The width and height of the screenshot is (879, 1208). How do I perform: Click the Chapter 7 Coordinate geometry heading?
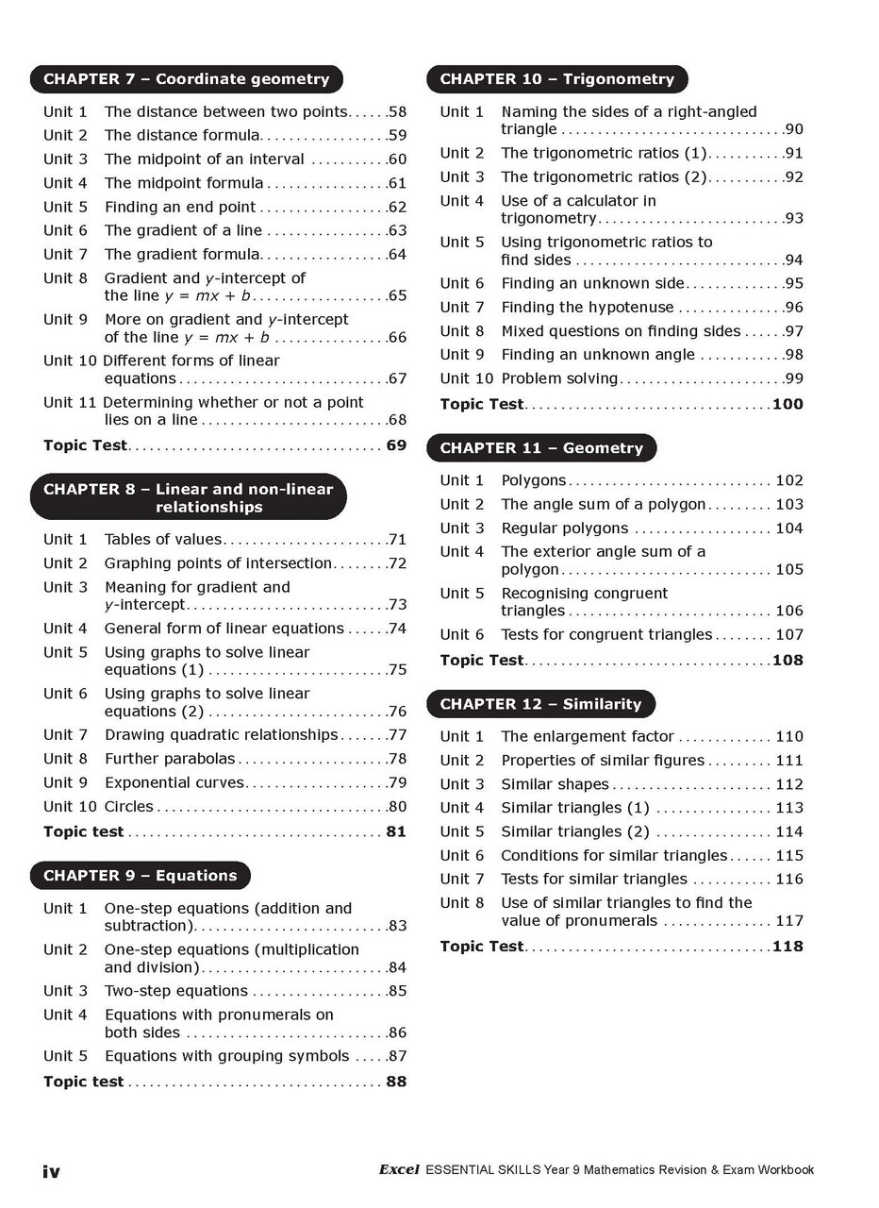click(x=187, y=79)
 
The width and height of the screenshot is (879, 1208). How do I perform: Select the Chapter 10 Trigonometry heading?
click(x=556, y=79)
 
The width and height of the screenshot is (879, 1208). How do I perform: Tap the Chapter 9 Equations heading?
click(x=141, y=876)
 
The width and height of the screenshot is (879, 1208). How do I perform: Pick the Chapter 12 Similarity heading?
click(x=540, y=704)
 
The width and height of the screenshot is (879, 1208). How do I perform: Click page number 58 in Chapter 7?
click(x=397, y=112)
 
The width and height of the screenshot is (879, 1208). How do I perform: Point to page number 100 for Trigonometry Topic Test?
click(x=788, y=404)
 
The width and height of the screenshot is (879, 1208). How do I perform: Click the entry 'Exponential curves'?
click(x=174, y=782)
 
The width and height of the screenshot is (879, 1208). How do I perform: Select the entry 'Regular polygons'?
click(x=564, y=528)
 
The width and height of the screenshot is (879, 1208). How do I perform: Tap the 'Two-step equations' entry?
click(x=176, y=991)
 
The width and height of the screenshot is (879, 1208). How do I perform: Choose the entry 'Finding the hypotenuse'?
click(x=587, y=308)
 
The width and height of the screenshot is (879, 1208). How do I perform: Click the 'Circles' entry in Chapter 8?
click(x=129, y=807)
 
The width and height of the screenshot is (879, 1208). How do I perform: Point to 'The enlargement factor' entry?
click(x=587, y=737)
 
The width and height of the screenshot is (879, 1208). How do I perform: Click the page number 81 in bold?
click(x=396, y=831)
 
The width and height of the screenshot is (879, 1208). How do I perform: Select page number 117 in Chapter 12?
click(x=788, y=921)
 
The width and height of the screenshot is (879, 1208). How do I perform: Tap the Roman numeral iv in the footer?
click(x=51, y=1171)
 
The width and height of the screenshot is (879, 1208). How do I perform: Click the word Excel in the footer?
click(x=399, y=1170)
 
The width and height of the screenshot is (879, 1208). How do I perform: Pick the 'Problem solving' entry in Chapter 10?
click(x=559, y=378)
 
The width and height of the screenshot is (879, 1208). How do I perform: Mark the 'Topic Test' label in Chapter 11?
click(x=481, y=661)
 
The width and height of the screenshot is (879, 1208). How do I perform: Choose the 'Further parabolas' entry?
click(x=170, y=759)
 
